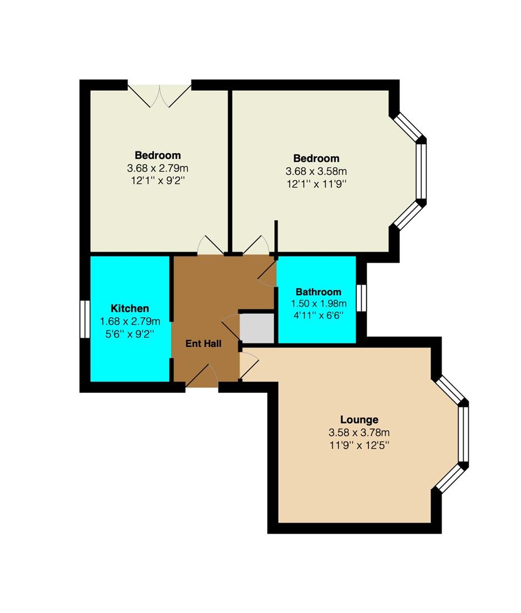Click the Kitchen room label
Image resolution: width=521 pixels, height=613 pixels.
tap(130, 308)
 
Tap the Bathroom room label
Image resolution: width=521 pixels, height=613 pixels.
tap(318, 292)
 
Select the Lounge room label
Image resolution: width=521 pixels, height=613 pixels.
tap(359, 420)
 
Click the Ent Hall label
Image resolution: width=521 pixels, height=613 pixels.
tap(203, 343)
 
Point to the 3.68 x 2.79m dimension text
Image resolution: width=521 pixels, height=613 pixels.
tap(158, 169)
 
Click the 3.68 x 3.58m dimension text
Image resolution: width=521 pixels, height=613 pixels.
tap(316, 171)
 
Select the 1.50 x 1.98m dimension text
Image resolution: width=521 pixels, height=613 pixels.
tap(318, 303)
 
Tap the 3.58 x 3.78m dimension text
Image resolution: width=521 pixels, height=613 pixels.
tap(359, 433)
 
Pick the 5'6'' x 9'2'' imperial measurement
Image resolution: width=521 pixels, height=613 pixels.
tap(130, 334)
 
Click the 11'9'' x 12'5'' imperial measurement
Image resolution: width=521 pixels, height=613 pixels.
tap(359, 446)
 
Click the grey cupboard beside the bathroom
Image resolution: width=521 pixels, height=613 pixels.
tap(257, 328)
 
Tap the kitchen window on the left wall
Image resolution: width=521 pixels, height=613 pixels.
tap(85, 319)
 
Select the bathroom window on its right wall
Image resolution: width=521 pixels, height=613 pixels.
tap(362, 298)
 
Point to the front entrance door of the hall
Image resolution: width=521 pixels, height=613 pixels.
tap(201, 376)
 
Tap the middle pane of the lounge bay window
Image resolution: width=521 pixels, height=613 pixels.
tap(464, 434)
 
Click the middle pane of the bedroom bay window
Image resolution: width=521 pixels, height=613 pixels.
tap(421, 172)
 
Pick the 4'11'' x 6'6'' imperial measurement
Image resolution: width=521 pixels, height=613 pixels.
tap(318, 316)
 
